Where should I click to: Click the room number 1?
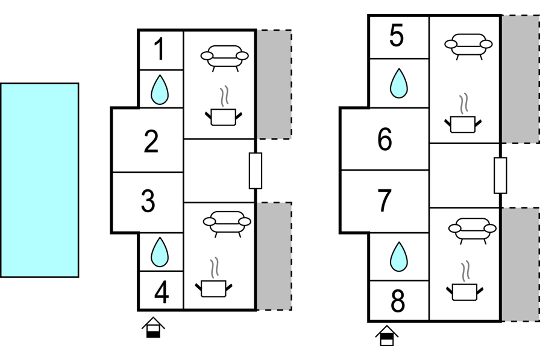pos(159,49)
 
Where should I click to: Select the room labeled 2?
pos(151,141)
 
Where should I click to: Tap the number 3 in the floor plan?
pos(148,201)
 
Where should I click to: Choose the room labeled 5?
pos(397,36)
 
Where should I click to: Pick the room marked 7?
pos(385,200)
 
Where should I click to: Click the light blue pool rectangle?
pos(39,180)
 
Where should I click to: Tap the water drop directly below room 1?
pos(159,89)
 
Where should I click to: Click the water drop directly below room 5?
pos(398,83)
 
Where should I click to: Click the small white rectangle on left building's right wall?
pos(256,171)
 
